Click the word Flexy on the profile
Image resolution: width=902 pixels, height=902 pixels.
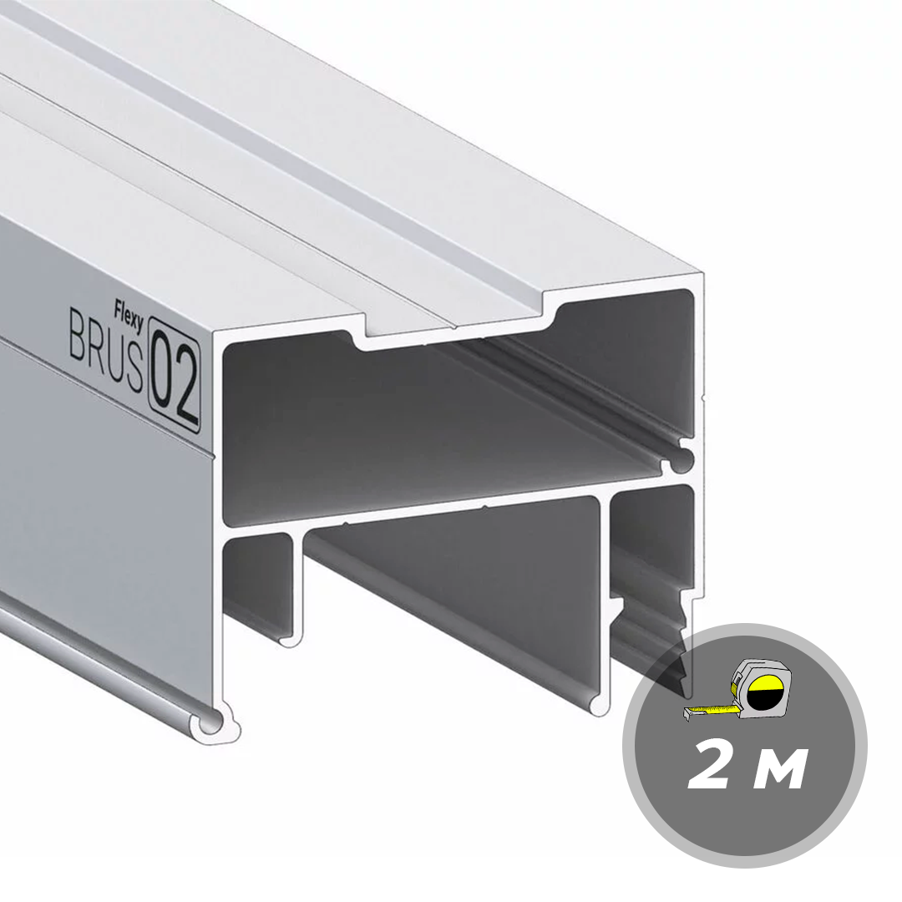(x=129, y=312)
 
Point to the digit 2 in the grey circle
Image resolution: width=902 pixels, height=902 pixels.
(x=712, y=764)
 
